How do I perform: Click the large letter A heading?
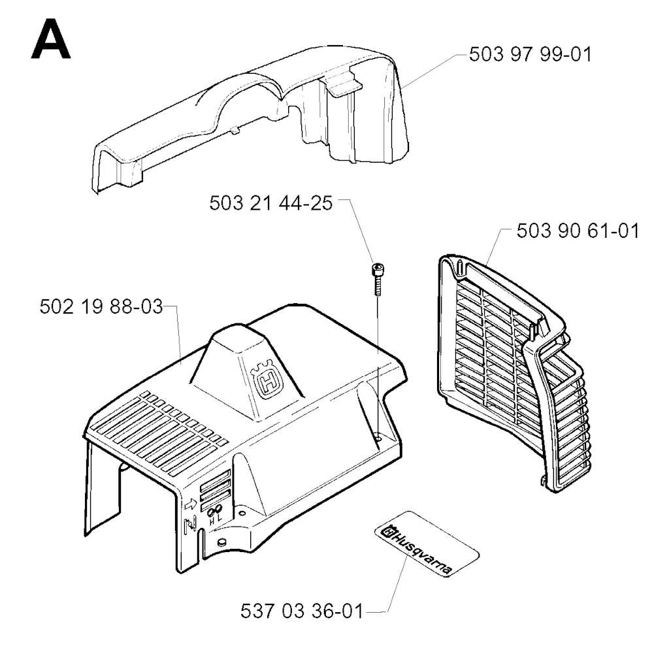point(51,39)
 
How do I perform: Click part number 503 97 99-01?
point(530,55)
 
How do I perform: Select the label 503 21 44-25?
point(271,203)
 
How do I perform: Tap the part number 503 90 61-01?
point(578,231)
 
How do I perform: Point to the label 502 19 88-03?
point(101,306)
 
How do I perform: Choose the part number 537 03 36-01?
point(302,612)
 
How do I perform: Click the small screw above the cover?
point(378,280)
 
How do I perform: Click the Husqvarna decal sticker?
point(427,544)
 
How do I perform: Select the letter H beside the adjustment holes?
point(212,520)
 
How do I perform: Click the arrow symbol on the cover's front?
point(191,504)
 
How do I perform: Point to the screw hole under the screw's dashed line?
point(379,437)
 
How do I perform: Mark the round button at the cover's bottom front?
point(221,542)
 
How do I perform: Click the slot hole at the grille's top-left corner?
point(460,267)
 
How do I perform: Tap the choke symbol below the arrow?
point(189,525)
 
